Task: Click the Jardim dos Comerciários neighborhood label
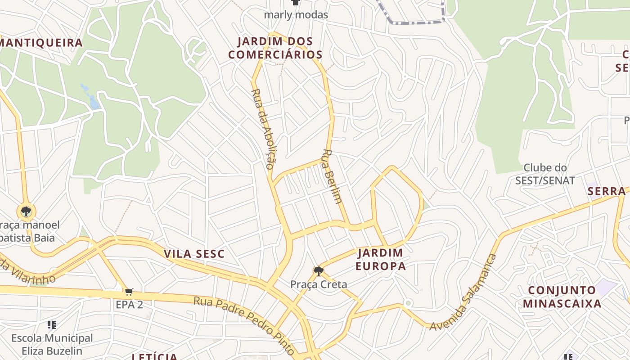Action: [x=275, y=48]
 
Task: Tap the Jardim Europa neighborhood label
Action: [x=380, y=259]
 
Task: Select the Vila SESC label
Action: [x=194, y=254]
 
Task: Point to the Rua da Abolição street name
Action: [x=263, y=129]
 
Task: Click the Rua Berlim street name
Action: [x=332, y=176]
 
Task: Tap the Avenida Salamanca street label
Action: [x=463, y=292]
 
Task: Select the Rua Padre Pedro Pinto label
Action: [x=244, y=325]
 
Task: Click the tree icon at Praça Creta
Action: [x=319, y=271]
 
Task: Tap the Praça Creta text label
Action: [x=319, y=284]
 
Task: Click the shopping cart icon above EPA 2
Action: [x=129, y=292]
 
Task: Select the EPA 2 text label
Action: [x=129, y=305]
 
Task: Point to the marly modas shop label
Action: [x=296, y=14]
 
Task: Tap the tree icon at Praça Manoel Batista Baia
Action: [x=26, y=211]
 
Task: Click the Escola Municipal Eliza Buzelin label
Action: [x=52, y=344]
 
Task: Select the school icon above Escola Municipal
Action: [x=52, y=324]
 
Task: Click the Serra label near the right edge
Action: [x=607, y=191]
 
